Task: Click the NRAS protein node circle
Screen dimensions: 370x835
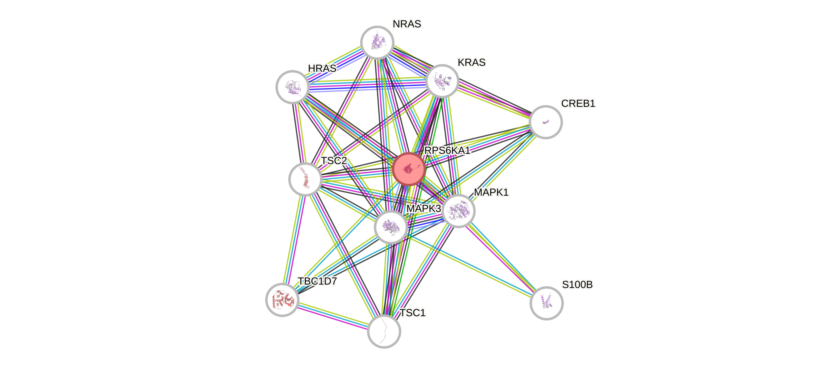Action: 377,42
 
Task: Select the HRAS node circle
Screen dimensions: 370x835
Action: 292,87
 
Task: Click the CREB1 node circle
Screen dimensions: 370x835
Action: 545,122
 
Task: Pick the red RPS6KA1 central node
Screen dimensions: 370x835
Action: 408,169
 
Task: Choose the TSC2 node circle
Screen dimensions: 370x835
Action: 305,179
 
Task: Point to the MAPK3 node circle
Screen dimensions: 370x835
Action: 391,227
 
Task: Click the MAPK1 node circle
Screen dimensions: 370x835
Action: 458,211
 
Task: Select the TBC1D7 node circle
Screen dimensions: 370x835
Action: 282,299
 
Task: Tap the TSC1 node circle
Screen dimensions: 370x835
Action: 384,331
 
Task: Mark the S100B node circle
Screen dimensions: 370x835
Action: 546,303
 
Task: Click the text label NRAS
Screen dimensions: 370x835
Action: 407,24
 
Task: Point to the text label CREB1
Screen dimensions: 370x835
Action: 578,104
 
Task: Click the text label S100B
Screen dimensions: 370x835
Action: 577,285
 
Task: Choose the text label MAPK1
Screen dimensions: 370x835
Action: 491,192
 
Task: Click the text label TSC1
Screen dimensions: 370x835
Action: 413,313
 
